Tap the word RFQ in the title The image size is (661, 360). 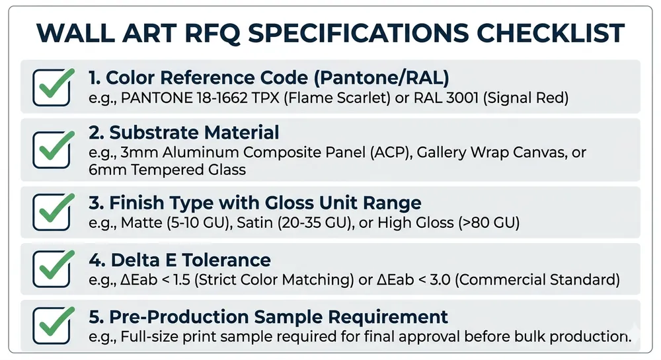pyautogui.click(x=212, y=33)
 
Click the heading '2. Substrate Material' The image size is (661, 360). pyautogui.click(x=184, y=132)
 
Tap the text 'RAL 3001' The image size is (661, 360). pyautogui.click(x=446, y=98)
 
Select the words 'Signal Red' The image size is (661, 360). pyautogui.click(x=526, y=98)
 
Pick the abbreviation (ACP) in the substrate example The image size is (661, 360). pyautogui.click(x=391, y=152)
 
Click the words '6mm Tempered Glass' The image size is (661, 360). pyautogui.click(x=167, y=170)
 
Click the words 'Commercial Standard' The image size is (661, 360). pyautogui.click(x=538, y=279)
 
